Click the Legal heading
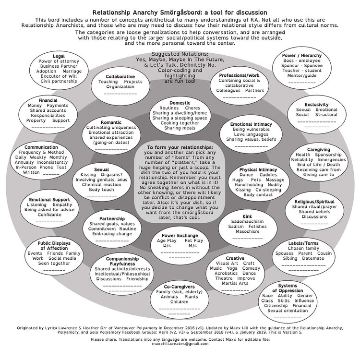[59, 56]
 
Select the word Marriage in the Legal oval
[72, 71]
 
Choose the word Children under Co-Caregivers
[179, 302]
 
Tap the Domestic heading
[180, 103]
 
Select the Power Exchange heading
[180, 236]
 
